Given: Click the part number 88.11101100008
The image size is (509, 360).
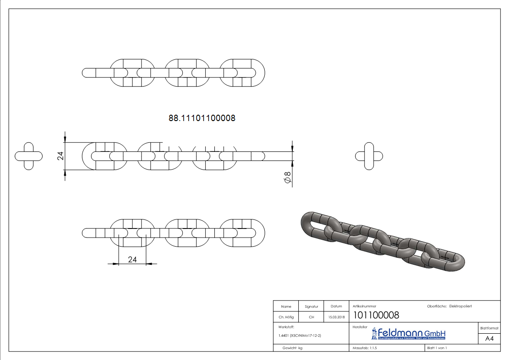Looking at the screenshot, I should point(202,118).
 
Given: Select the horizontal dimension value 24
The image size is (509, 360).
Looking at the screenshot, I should point(132,259).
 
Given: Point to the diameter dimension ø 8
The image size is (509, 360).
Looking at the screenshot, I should point(286,178).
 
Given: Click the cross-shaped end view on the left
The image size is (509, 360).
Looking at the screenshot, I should point(29,156).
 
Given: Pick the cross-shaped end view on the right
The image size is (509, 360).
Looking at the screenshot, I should point(369,156).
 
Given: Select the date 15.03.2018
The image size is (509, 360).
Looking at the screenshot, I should point(336,317).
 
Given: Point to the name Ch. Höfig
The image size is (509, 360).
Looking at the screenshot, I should point(286,317).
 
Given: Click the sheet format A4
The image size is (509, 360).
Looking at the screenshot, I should point(490,338).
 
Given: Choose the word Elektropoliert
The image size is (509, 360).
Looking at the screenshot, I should point(461,306).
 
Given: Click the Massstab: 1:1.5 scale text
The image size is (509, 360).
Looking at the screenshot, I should point(365,348).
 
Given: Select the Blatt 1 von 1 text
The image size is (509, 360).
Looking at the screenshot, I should point(437,348).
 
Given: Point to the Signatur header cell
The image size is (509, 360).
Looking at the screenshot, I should point(311,306).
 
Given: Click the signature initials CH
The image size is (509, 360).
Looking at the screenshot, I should point(311,317).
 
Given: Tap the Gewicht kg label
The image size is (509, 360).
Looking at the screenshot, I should point(292,348).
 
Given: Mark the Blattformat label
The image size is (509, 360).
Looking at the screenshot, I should point(490,328).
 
